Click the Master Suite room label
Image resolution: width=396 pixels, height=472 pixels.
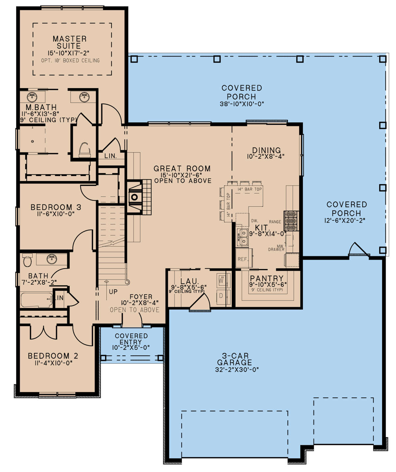(69, 42)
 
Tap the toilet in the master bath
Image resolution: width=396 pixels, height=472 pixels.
(84, 150)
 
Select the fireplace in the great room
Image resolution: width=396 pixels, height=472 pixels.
(135, 197)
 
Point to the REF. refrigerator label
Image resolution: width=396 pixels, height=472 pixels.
(243, 259)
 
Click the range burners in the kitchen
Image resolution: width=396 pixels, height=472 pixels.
(291, 221)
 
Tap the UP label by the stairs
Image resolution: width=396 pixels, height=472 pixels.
(113, 292)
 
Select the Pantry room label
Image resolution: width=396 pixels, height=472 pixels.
(267, 278)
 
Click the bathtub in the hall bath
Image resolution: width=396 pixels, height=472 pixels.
(37, 300)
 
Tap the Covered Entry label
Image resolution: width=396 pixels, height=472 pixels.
(131, 339)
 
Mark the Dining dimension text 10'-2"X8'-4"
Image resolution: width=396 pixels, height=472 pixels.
(266, 156)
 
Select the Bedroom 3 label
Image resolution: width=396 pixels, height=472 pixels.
(56, 207)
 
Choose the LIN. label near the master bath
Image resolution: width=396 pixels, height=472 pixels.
(110, 156)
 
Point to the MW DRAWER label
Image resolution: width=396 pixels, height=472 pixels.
(276, 248)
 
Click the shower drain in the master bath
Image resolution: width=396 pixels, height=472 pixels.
(33, 141)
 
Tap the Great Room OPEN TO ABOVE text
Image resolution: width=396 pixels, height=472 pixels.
(183, 181)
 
